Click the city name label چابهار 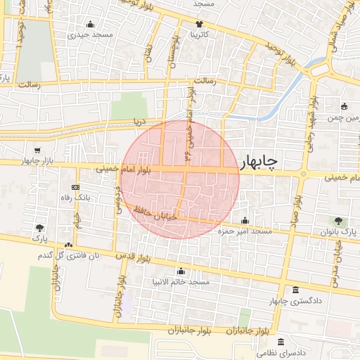coord(259,162)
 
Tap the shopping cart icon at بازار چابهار coord(37,150)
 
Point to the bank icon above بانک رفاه coord(75,188)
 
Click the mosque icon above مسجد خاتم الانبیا coord(181,271)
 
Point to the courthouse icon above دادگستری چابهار coord(295,290)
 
